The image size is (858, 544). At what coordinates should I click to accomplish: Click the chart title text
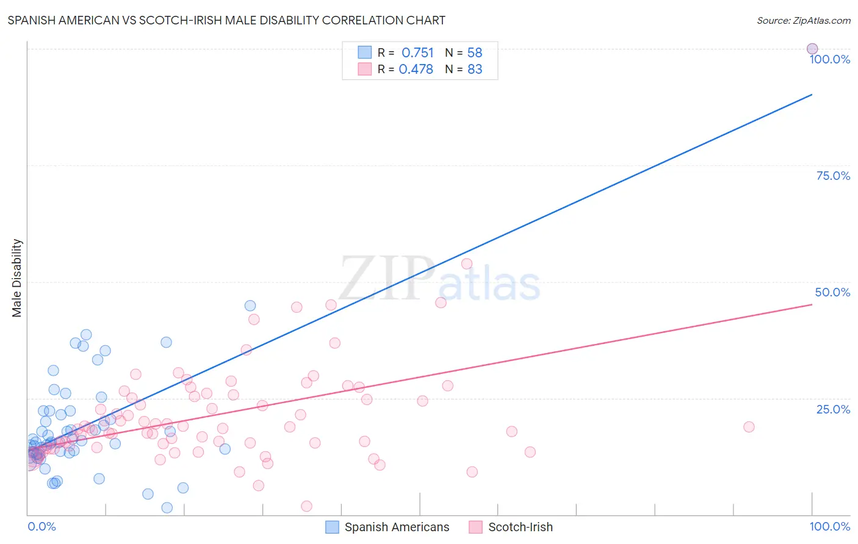coord(226,20)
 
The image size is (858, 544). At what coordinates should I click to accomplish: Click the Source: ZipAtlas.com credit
coord(803,20)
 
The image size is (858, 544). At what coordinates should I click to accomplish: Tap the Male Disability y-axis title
coord(17,277)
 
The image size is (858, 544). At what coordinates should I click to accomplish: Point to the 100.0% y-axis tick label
coord(829,59)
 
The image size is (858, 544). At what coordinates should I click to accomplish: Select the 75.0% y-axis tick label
coord(833,176)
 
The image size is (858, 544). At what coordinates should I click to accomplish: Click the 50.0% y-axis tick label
coord(832,292)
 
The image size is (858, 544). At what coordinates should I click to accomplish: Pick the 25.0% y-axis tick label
coord(833,409)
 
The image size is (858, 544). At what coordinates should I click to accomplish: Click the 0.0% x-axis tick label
coord(41,526)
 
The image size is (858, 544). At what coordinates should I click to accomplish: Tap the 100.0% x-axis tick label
coord(829,526)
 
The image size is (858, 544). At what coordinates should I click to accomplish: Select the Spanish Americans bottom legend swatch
coord(332,527)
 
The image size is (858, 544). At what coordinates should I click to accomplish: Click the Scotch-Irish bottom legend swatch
coord(475,527)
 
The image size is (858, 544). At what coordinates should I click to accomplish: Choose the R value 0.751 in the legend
coord(417,53)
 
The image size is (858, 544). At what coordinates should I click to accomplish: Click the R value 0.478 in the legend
coord(416,70)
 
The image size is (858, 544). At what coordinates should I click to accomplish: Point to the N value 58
coord(475,53)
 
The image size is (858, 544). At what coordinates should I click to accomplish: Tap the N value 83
coord(475,70)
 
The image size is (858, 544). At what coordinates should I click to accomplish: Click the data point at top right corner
coord(812,49)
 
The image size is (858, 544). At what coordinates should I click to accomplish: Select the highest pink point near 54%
coord(467,263)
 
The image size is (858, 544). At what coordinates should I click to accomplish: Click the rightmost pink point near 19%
coord(749,427)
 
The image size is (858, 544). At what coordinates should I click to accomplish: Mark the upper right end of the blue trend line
coord(812,95)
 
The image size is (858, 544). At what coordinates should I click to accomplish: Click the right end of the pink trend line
coord(812,304)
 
